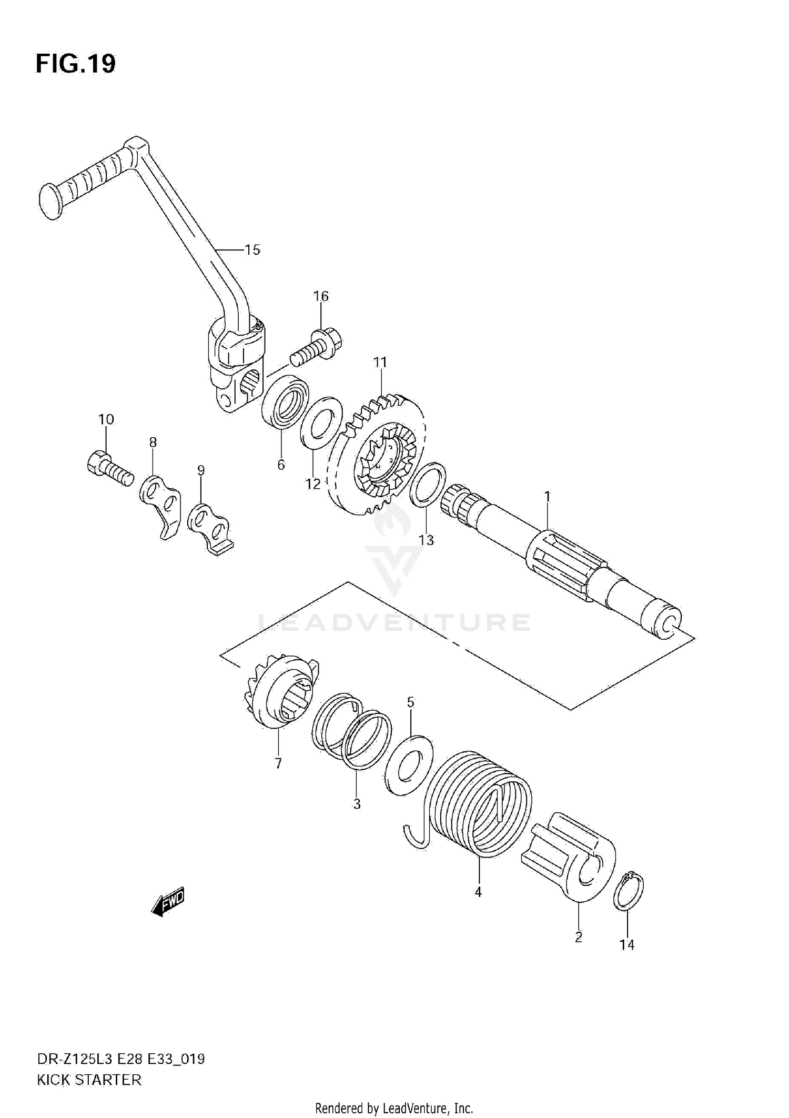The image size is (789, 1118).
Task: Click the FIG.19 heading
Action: point(75,64)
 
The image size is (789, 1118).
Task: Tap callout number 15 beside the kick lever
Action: point(252,250)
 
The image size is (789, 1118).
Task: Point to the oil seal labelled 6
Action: point(286,406)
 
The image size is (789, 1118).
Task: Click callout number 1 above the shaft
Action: point(547,496)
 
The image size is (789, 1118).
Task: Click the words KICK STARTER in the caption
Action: point(89,1080)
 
